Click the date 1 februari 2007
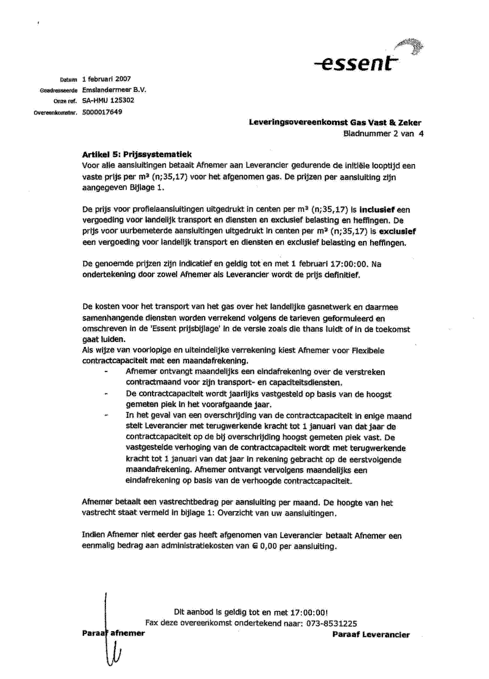(106, 79)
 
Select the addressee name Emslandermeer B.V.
(114, 90)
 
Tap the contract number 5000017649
(103, 112)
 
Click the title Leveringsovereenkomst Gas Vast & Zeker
(335, 123)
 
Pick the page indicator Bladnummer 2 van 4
(383, 133)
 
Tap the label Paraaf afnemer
(113, 634)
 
